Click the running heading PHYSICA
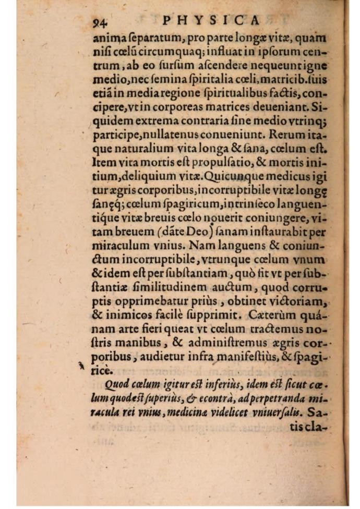coord(211,20)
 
